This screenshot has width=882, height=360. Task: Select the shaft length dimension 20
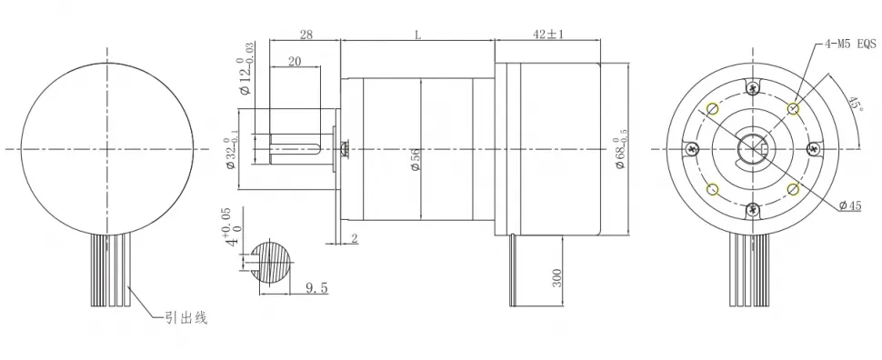coord(296,61)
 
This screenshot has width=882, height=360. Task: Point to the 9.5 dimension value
coord(316,289)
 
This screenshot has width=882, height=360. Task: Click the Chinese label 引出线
coord(186,317)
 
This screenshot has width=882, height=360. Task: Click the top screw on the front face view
coord(752,87)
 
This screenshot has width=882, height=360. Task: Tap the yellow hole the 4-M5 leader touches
coord(794,108)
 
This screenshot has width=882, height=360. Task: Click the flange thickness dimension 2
coord(353,238)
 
